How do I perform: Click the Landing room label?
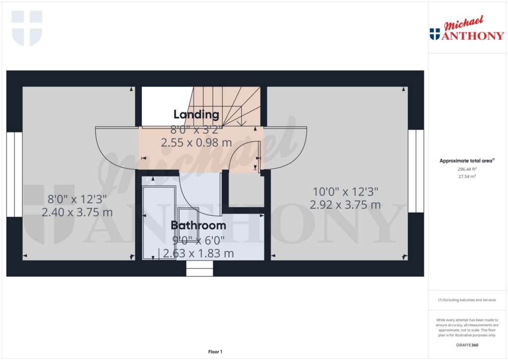pos(196,115)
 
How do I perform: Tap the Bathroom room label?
pos(198,225)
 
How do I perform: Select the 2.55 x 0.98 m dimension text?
pos(196,143)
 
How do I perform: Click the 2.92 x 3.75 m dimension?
pos(345,204)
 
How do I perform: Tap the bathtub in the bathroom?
pos(159,222)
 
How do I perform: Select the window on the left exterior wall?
pos(14,174)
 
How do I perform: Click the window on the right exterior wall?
pos(416,171)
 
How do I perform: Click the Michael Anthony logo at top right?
pos(467,30)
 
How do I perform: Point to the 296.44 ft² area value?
pos(467,169)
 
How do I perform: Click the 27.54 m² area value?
pos(467,176)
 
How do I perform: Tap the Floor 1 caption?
pos(215,352)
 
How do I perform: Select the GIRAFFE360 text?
pos(467,345)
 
